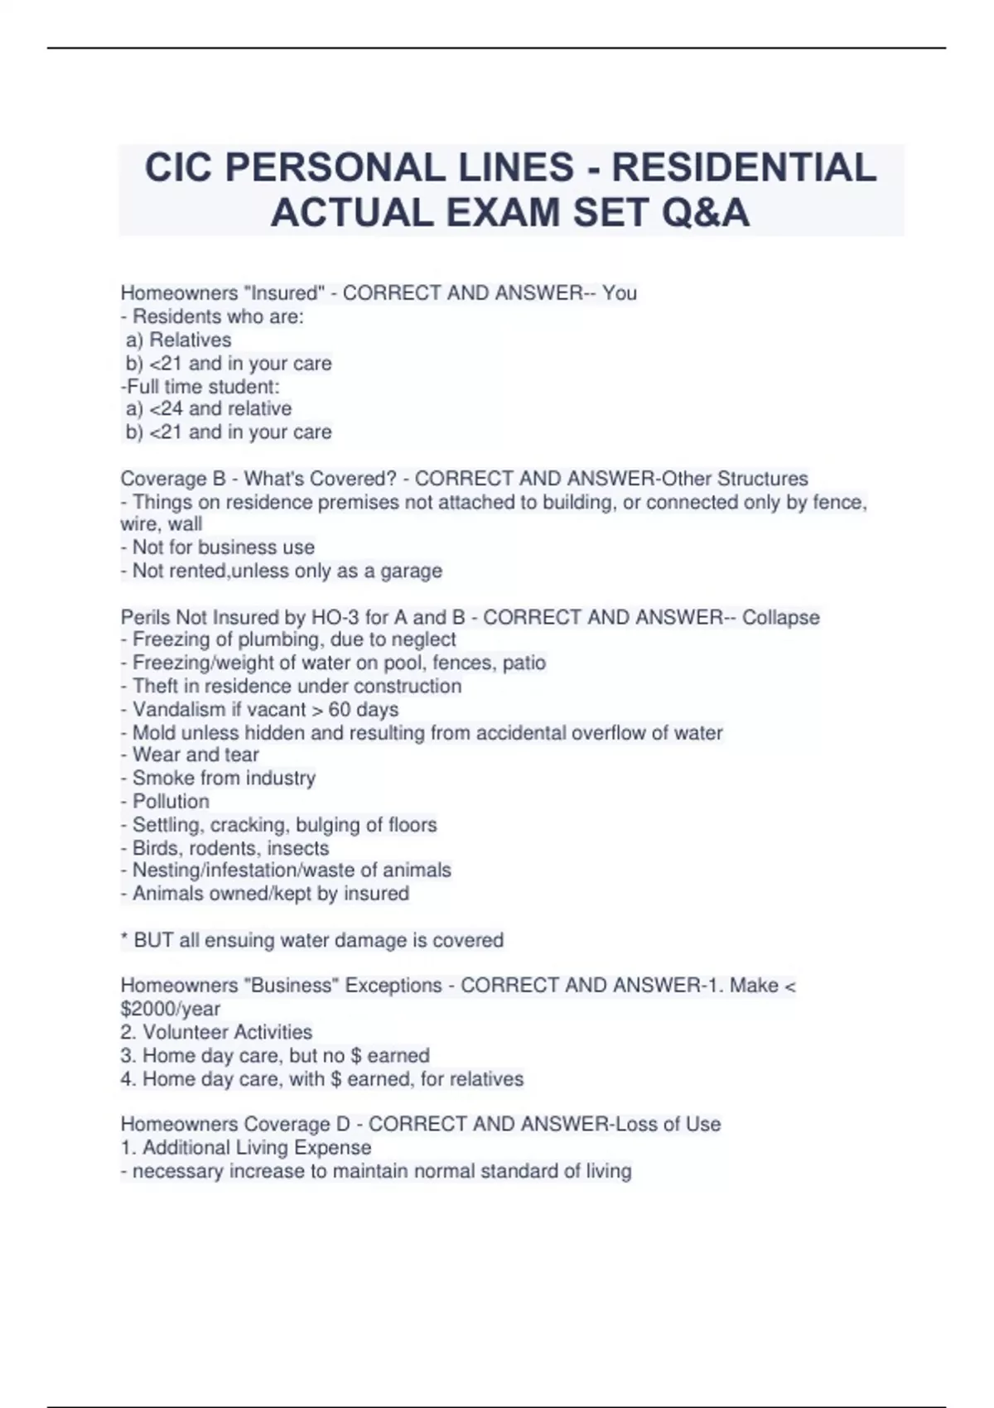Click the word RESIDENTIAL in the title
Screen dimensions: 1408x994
(743, 167)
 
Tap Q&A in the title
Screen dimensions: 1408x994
(705, 213)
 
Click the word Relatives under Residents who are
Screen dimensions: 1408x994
(190, 340)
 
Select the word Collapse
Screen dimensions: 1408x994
(780, 617)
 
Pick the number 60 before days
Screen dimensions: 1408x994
(340, 709)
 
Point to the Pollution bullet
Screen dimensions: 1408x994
(171, 801)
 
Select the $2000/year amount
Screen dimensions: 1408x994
(171, 1009)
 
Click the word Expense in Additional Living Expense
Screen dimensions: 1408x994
(338, 1147)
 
